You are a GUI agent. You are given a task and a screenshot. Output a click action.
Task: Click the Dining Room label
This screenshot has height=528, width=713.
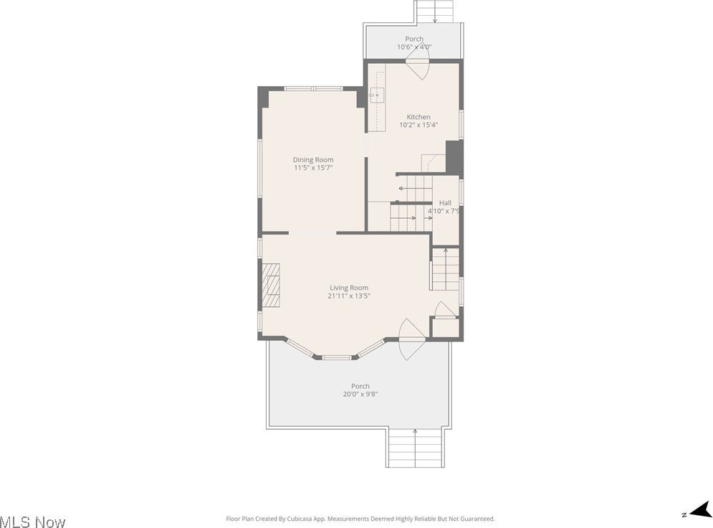[313, 159]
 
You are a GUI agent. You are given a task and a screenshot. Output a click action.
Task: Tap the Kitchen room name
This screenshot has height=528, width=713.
[418, 117]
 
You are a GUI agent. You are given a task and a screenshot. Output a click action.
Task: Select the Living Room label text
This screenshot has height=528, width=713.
[349, 288]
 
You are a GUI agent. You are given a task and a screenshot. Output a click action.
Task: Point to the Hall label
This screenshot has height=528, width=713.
[445, 202]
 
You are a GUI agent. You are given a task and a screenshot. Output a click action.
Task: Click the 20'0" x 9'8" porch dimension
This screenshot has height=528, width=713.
[360, 395]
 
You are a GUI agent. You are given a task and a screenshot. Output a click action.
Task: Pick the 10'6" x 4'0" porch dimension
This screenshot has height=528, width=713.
[413, 47]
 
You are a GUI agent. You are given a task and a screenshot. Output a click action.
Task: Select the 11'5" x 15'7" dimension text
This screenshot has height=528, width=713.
[313, 167]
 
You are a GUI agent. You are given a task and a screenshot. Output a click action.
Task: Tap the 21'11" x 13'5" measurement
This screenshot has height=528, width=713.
[349, 296]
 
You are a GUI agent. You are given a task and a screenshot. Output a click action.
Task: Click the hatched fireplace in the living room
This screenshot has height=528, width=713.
[271, 286]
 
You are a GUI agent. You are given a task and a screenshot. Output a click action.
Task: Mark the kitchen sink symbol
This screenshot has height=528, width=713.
[377, 95]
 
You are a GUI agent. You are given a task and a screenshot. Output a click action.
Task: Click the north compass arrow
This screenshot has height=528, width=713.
[700, 510]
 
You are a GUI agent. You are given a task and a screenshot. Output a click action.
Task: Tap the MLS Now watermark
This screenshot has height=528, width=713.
[33, 522]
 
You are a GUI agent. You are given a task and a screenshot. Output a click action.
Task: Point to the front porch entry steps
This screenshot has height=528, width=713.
[414, 448]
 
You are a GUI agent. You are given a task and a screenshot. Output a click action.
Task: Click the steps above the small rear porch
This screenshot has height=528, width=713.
[435, 11]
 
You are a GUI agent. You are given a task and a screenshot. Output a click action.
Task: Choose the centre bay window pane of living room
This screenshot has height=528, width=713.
[337, 357]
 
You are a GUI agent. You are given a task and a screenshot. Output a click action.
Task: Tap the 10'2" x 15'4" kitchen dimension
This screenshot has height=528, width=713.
[418, 125]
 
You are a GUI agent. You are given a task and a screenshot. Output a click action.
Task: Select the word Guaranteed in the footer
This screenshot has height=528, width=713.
[478, 519]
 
